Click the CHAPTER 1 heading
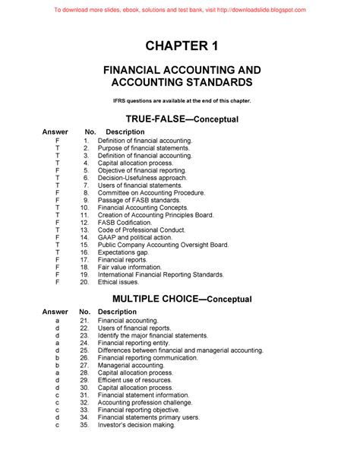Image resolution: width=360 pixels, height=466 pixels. (x=179, y=47)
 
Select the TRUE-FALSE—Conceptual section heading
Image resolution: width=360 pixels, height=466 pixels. (x=179, y=119)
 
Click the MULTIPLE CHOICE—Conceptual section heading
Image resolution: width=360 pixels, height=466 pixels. (x=179, y=298)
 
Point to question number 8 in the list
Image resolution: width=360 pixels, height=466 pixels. (x=87, y=193)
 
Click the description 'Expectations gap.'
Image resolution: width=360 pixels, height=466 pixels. (x=125, y=252)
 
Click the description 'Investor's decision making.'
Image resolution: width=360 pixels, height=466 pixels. (x=137, y=425)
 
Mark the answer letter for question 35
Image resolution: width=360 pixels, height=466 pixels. (x=57, y=425)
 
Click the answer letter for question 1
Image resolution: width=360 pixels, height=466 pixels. (x=57, y=141)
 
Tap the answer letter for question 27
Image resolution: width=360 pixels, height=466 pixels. (x=57, y=366)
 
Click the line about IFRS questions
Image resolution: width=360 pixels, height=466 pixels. (x=179, y=100)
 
